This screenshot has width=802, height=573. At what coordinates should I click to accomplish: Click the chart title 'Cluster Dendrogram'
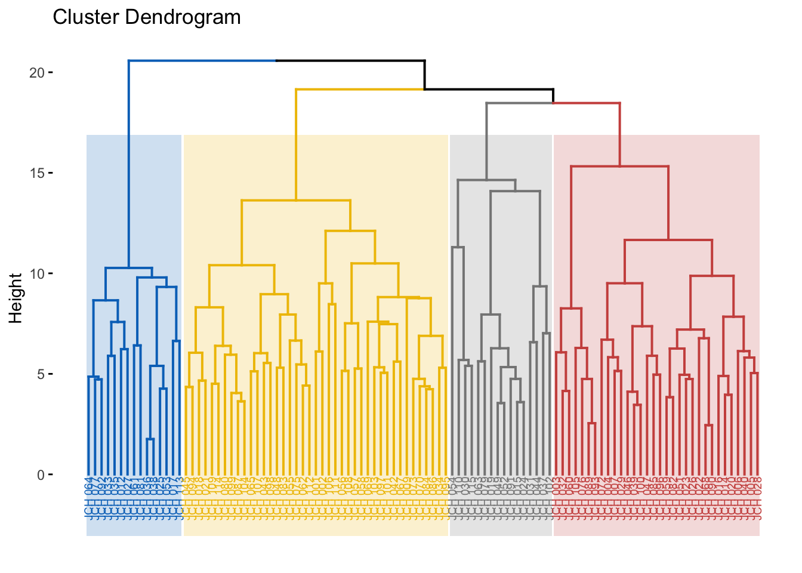tap(147, 17)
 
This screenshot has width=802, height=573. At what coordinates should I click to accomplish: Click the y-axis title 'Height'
tap(16, 298)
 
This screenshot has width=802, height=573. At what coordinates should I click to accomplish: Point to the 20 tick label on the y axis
tap(37, 73)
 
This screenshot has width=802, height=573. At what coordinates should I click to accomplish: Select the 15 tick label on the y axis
tap(37, 173)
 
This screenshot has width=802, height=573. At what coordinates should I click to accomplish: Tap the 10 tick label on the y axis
tap(37, 274)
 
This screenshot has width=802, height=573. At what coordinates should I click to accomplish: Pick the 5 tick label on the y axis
tap(41, 374)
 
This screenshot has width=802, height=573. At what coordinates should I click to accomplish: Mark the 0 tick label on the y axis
tap(41, 475)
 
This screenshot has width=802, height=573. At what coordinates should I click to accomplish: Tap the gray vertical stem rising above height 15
tap(486, 141)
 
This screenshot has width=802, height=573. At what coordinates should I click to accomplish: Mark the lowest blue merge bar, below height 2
tap(150, 439)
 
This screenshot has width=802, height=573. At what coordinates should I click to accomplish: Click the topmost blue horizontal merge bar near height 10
tap(129, 268)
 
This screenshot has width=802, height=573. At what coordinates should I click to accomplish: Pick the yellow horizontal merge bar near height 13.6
tap(296, 201)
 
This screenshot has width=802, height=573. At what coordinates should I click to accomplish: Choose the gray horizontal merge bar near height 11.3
tap(458, 247)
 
